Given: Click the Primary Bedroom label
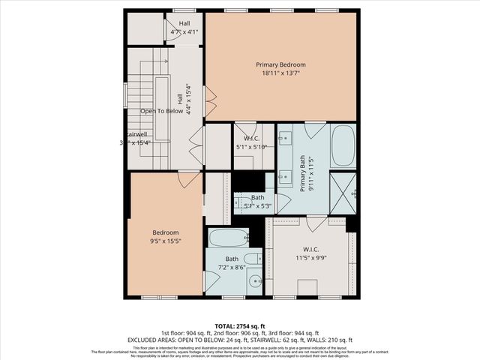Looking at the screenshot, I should (x=280, y=64).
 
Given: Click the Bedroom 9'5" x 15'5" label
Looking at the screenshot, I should (x=166, y=237).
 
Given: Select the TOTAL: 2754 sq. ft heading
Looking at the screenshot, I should (x=239, y=325).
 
